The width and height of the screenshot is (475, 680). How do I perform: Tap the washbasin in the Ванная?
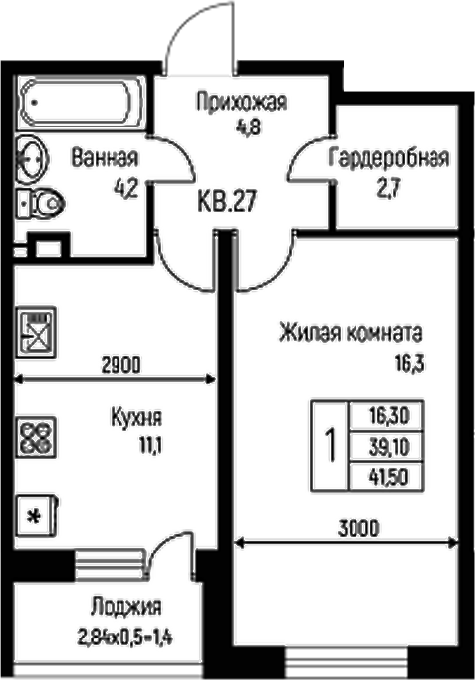[x=31, y=158]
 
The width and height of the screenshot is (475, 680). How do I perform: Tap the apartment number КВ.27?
[x=228, y=203]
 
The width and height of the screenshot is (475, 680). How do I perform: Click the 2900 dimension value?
[x=122, y=364]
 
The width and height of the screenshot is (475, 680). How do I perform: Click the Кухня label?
[x=135, y=417]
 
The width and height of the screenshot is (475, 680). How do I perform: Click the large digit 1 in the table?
[x=331, y=444]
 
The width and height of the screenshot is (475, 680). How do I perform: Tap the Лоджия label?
[x=124, y=607]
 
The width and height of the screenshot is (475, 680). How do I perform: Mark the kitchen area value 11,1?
[x=150, y=445]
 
